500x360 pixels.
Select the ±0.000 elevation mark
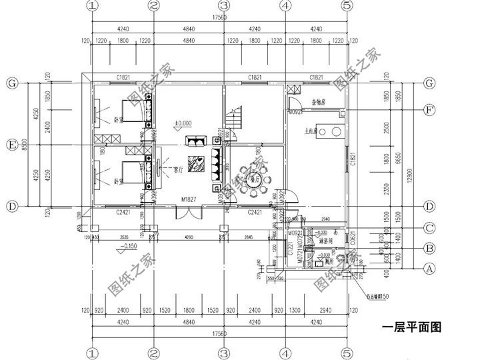pyautogui.click(x=183, y=124)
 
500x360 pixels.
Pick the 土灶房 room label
pyautogui.click(x=311, y=132)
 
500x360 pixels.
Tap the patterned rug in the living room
pyautogui.click(x=196, y=163)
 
